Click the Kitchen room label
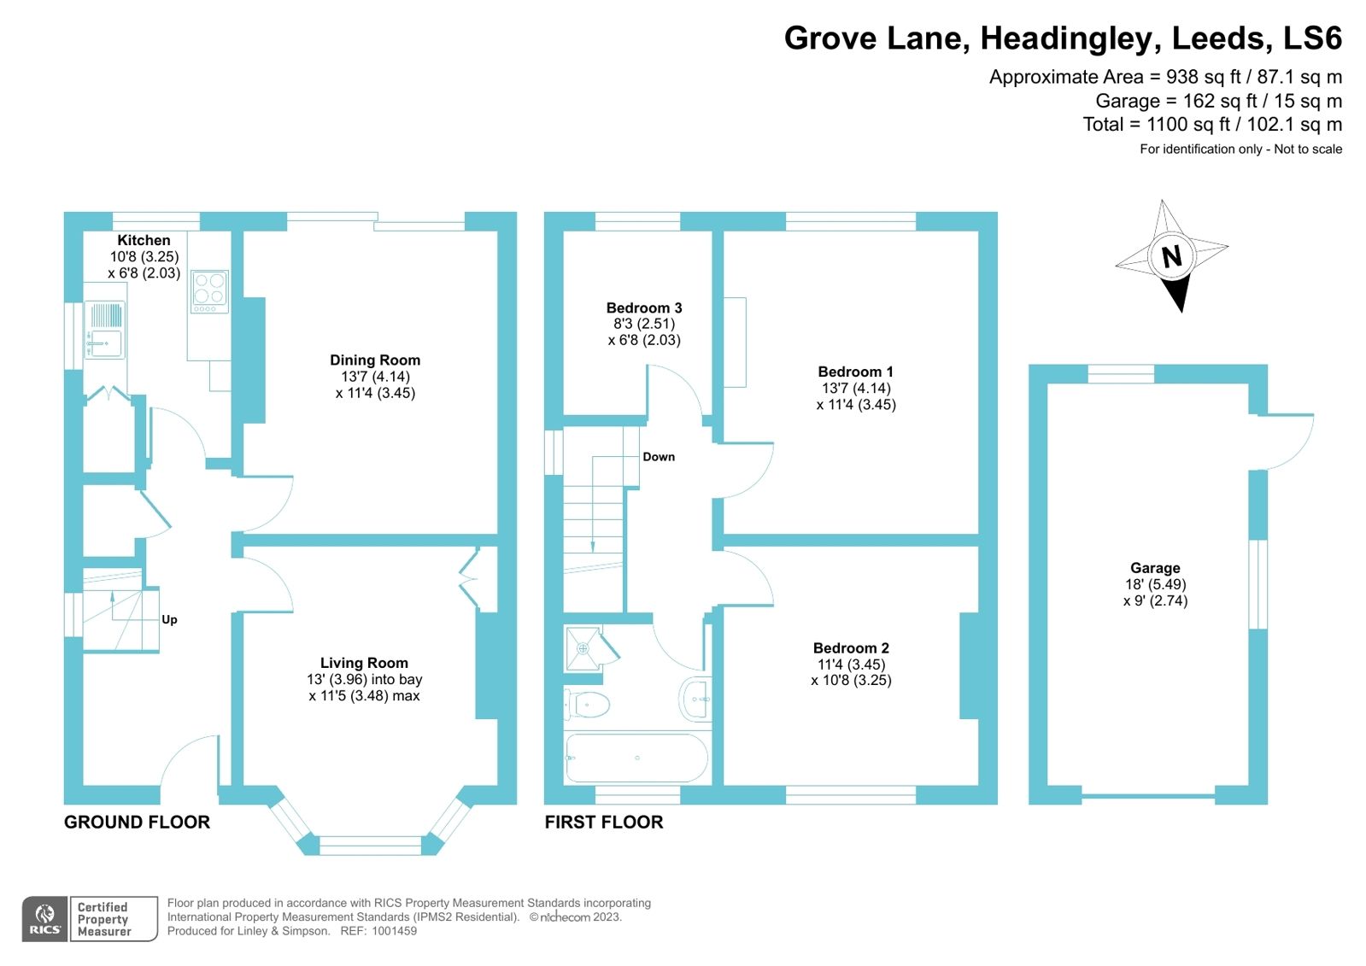coord(144,241)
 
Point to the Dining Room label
coord(375,360)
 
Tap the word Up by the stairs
coord(169,620)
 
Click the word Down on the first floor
coord(659,457)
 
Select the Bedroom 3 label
coord(644,308)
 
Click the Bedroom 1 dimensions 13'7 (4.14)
coord(856,388)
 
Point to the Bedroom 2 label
coord(851,648)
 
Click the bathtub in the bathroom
coord(636,758)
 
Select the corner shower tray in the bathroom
coord(586,648)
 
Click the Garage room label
coord(1155,568)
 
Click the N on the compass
coord(1171,255)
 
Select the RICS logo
coord(45,919)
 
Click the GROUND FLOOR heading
coord(137,823)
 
